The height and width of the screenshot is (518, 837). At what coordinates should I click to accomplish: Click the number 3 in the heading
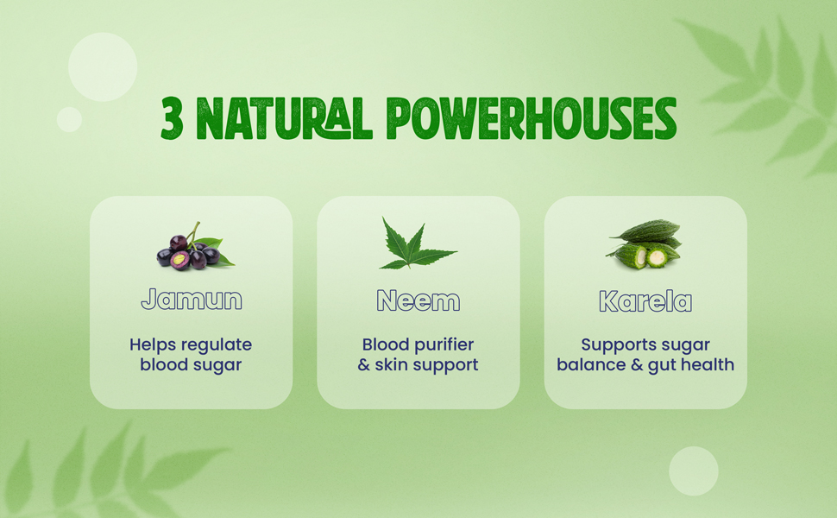pyautogui.click(x=173, y=119)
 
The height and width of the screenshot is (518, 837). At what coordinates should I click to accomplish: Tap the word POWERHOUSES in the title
pyautogui.click(x=531, y=119)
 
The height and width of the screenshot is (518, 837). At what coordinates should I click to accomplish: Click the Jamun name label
pyautogui.click(x=191, y=300)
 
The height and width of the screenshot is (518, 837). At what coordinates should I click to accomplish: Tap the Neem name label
pyautogui.click(x=418, y=300)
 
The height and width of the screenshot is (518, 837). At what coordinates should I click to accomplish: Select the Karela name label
pyautogui.click(x=645, y=300)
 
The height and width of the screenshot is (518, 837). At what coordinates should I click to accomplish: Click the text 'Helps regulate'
pyautogui.click(x=191, y=344)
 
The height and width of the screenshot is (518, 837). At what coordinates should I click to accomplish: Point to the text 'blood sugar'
pyautogui.click(x=191, y=365)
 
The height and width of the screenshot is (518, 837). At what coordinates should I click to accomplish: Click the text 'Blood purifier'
pyautogui.click(x=418, y=344)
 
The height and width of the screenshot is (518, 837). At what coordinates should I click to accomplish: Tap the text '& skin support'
pyautogui.click(x=418, y=365)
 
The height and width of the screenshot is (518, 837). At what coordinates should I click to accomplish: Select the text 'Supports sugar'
pyautogui.click(x=645, y=344)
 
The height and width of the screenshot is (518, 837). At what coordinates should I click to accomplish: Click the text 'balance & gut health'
pyautogui.click(x=645, y=365)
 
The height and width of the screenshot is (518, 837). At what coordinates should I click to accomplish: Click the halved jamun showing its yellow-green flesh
pyautogui.click(x=179, y=259)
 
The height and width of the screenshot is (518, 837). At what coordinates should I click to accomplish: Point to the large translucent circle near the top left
pyautogui.click(x=103, y=67)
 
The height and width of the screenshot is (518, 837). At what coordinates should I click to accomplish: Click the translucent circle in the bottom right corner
pyautogui.click(x=693, y=471)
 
